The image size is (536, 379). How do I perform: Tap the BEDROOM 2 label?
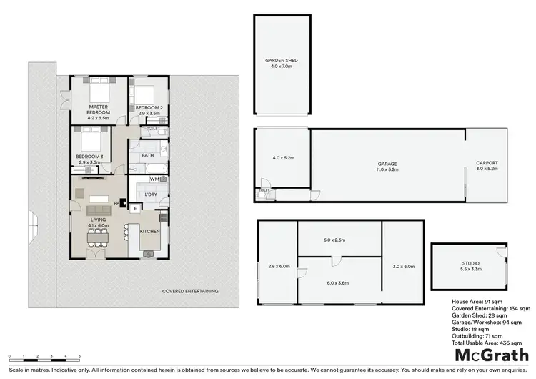coord(149,107)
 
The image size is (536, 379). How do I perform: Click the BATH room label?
coord(148,155)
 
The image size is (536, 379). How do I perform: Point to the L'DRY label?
coord(151,195)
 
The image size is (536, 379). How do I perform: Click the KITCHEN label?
coord(150,232)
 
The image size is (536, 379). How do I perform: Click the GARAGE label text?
coord(387,164)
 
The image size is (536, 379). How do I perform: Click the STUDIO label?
coord(470,263)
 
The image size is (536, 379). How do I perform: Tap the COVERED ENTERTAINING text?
coord(190,291)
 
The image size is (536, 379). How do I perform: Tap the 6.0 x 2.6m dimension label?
coord(339,240)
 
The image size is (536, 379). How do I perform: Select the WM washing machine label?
coord(154,179)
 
